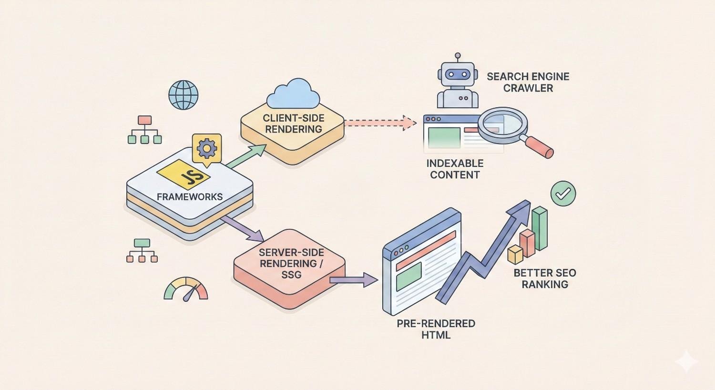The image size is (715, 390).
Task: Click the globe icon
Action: click(x=184, y=95)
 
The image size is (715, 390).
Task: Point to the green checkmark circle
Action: click(x=563, y=193)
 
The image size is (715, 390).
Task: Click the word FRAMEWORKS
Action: click(x=190, y=197)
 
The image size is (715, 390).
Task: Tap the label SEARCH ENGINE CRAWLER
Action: click(x=528, y=82)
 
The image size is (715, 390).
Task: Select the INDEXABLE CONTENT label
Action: click(x=455, y=169)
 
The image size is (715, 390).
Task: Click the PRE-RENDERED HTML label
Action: click(x=436, y=329)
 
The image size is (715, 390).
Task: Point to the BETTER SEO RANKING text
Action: click(x=544, y=278)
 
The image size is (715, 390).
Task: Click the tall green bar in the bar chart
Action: click(x=540, y=228)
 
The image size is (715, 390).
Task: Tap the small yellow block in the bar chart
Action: click(x=515, y=255)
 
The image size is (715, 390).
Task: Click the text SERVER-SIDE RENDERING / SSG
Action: click(x=291, y=263)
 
